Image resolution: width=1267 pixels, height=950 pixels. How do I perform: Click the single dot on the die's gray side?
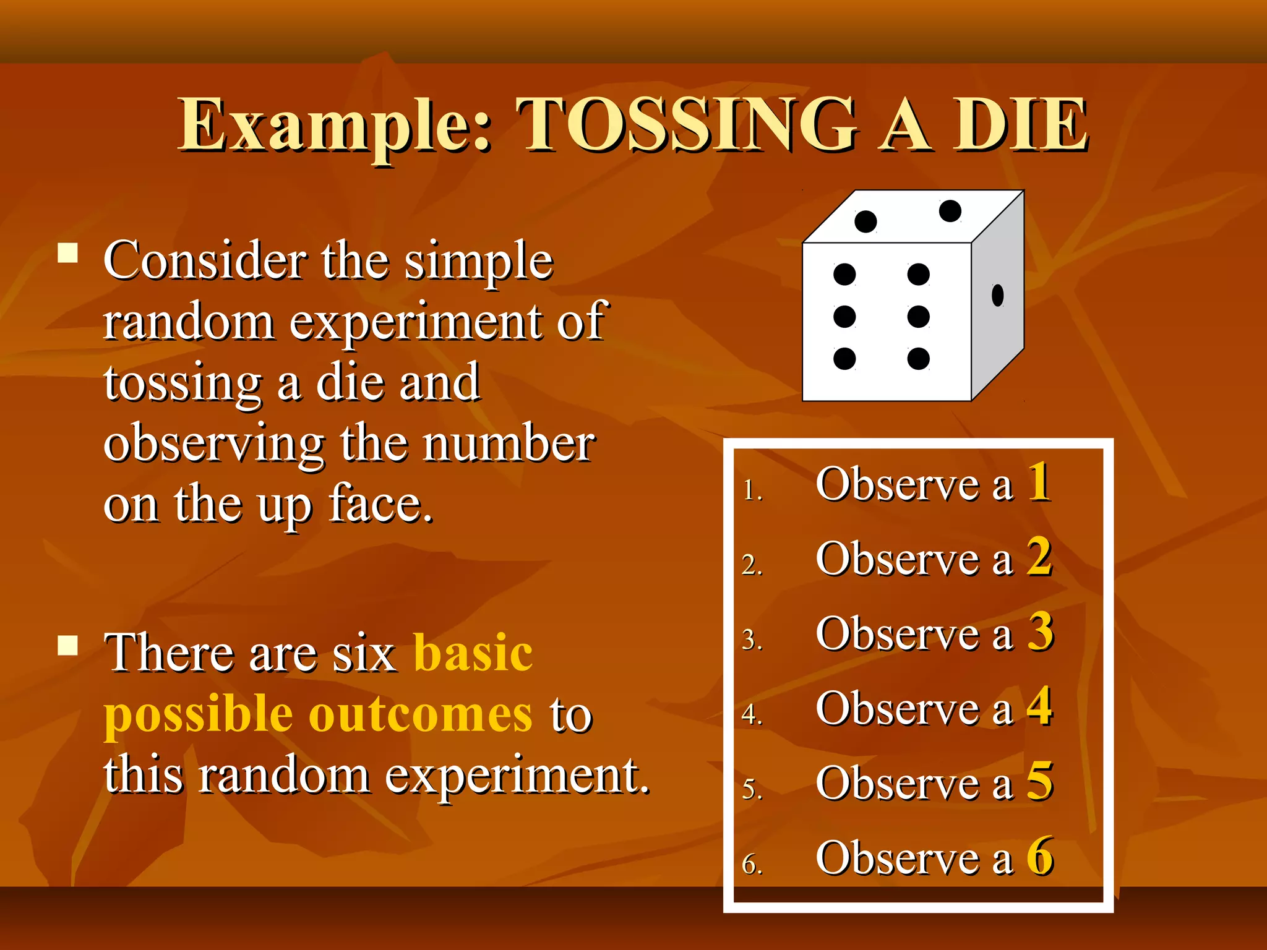(x=997, y=295)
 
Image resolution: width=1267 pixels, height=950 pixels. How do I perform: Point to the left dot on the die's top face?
(x=865, y=221)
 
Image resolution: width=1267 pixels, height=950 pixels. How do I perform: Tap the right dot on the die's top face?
(x=950, y=211)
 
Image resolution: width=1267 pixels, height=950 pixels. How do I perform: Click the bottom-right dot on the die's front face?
(x=918, y=358)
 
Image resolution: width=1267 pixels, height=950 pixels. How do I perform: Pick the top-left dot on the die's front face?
(x=844, y=274)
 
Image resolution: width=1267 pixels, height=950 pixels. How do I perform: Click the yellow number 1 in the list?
(x=1039, y=482)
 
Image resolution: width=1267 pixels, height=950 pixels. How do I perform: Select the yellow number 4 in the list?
(x=1039, y=706)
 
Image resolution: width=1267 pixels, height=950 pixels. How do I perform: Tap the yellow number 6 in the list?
(x=1040, y=856)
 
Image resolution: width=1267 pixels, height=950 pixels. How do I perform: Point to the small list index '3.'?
(x=752, y=640)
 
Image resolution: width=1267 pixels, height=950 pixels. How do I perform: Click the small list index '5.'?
(x=752, y=789)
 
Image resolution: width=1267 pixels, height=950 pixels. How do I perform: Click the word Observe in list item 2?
(x=897, y=558)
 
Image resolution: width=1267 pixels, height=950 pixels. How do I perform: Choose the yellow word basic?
(x=473, y=653)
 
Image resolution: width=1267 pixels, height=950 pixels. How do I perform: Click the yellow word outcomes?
(x=420, y=714)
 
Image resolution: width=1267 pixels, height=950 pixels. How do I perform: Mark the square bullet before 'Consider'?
(x=68, y=253)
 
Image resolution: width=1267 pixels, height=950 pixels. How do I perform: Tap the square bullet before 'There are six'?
(x=68, y=645)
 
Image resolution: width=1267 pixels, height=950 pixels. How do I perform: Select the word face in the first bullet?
(x=380, y=503)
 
